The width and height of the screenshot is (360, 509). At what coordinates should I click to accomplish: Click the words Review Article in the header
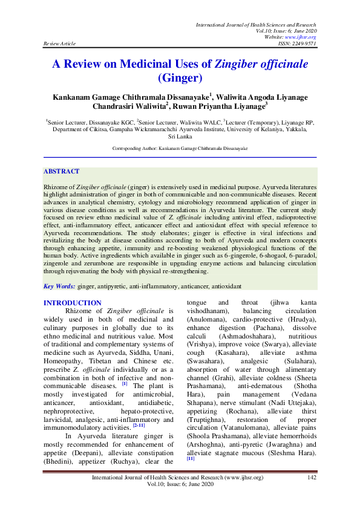coord(59,44)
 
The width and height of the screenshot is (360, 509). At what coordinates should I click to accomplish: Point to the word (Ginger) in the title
coord(180,78)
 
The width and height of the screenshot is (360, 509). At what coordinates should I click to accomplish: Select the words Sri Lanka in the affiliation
coord(180,137)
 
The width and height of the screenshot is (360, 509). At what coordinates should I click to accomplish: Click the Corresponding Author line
coord(180,148)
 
